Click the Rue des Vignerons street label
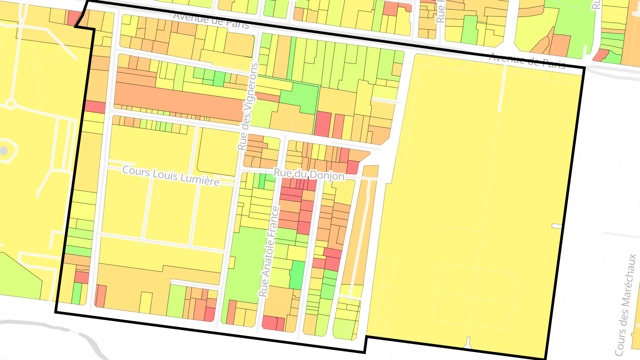point(248,107)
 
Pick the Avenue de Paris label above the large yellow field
point(527,61)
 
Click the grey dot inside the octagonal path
point(4,151)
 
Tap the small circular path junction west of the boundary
point(11,105)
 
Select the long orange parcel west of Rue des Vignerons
point(178,100)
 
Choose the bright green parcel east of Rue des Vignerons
point(300,96)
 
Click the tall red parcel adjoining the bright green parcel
point(323,124)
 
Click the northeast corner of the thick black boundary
point(583,68)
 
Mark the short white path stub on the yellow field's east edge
point(557,226)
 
